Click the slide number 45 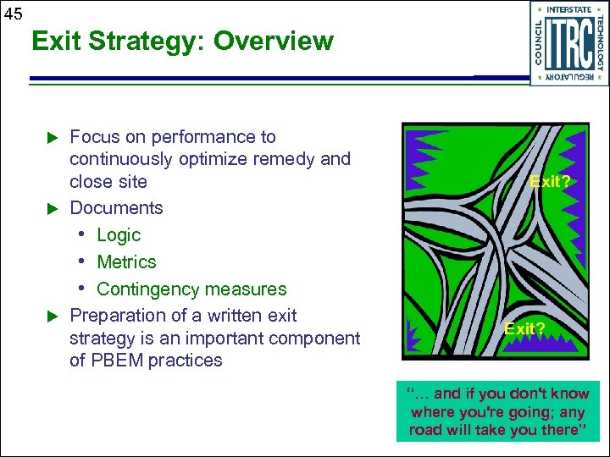[x=13, y=13]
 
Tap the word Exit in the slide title [x=55, y=41]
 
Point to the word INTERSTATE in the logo [x=568, y=10]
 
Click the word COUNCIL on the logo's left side [x=540, y=42]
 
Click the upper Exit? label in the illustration [x=549, y=181]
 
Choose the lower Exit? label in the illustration [x=525, y=328]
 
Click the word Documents [x=116, y=208]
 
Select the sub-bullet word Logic [x=119, y=235]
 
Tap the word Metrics [x=126, y=262]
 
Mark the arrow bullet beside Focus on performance [x=50, y=137]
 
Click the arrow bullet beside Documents [x=50, y=208]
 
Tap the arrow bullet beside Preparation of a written [x=50, y=316]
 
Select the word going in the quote [x=539, y=412]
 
